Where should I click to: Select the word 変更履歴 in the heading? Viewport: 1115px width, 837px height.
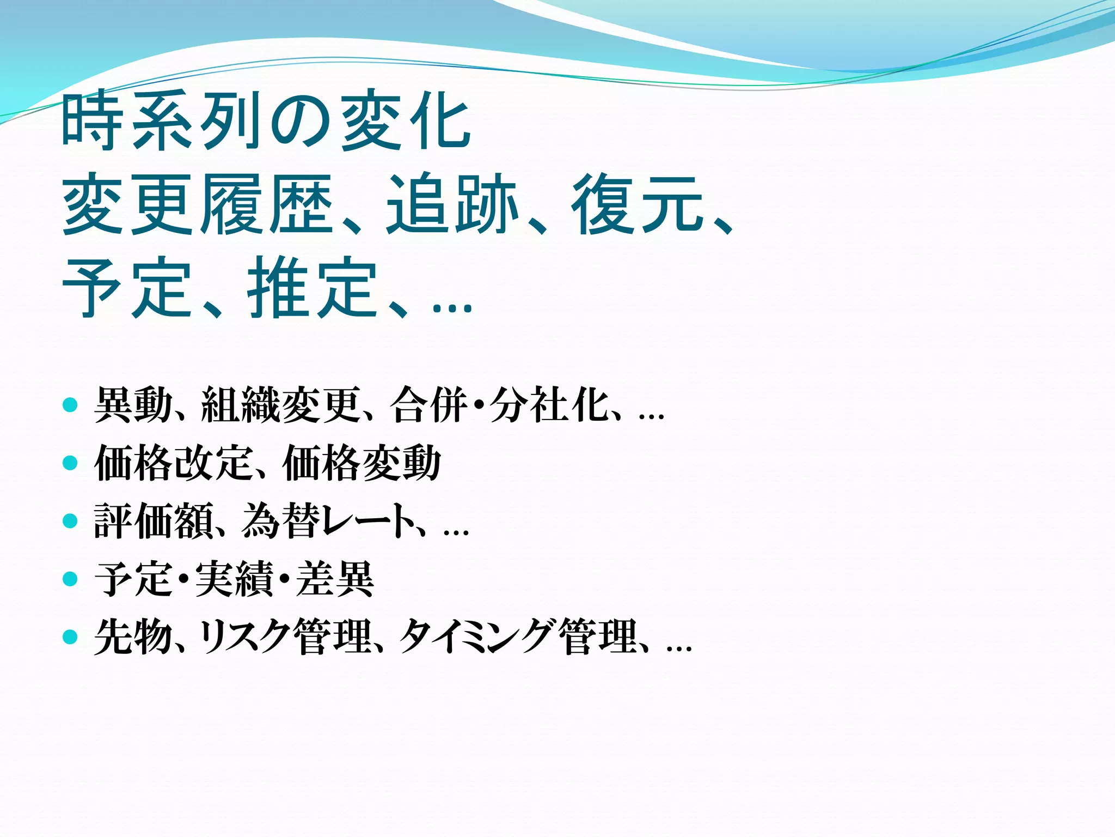point(197,204)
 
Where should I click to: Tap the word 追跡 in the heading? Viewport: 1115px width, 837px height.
point(451,204)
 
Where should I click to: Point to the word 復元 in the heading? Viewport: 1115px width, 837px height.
point(638,204)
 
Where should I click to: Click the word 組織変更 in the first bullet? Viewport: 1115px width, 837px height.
point(281,405)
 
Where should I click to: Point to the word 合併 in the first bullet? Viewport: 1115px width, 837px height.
point(429,405)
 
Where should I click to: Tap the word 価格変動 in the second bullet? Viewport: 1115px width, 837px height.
point(362,463)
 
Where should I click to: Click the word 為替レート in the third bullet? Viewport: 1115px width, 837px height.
point(327,521)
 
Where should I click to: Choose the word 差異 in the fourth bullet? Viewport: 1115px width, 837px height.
point(335,579)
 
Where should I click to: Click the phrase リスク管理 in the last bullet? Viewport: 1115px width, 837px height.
point(286,636)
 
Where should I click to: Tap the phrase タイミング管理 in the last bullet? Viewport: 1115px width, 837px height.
point(518,636)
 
